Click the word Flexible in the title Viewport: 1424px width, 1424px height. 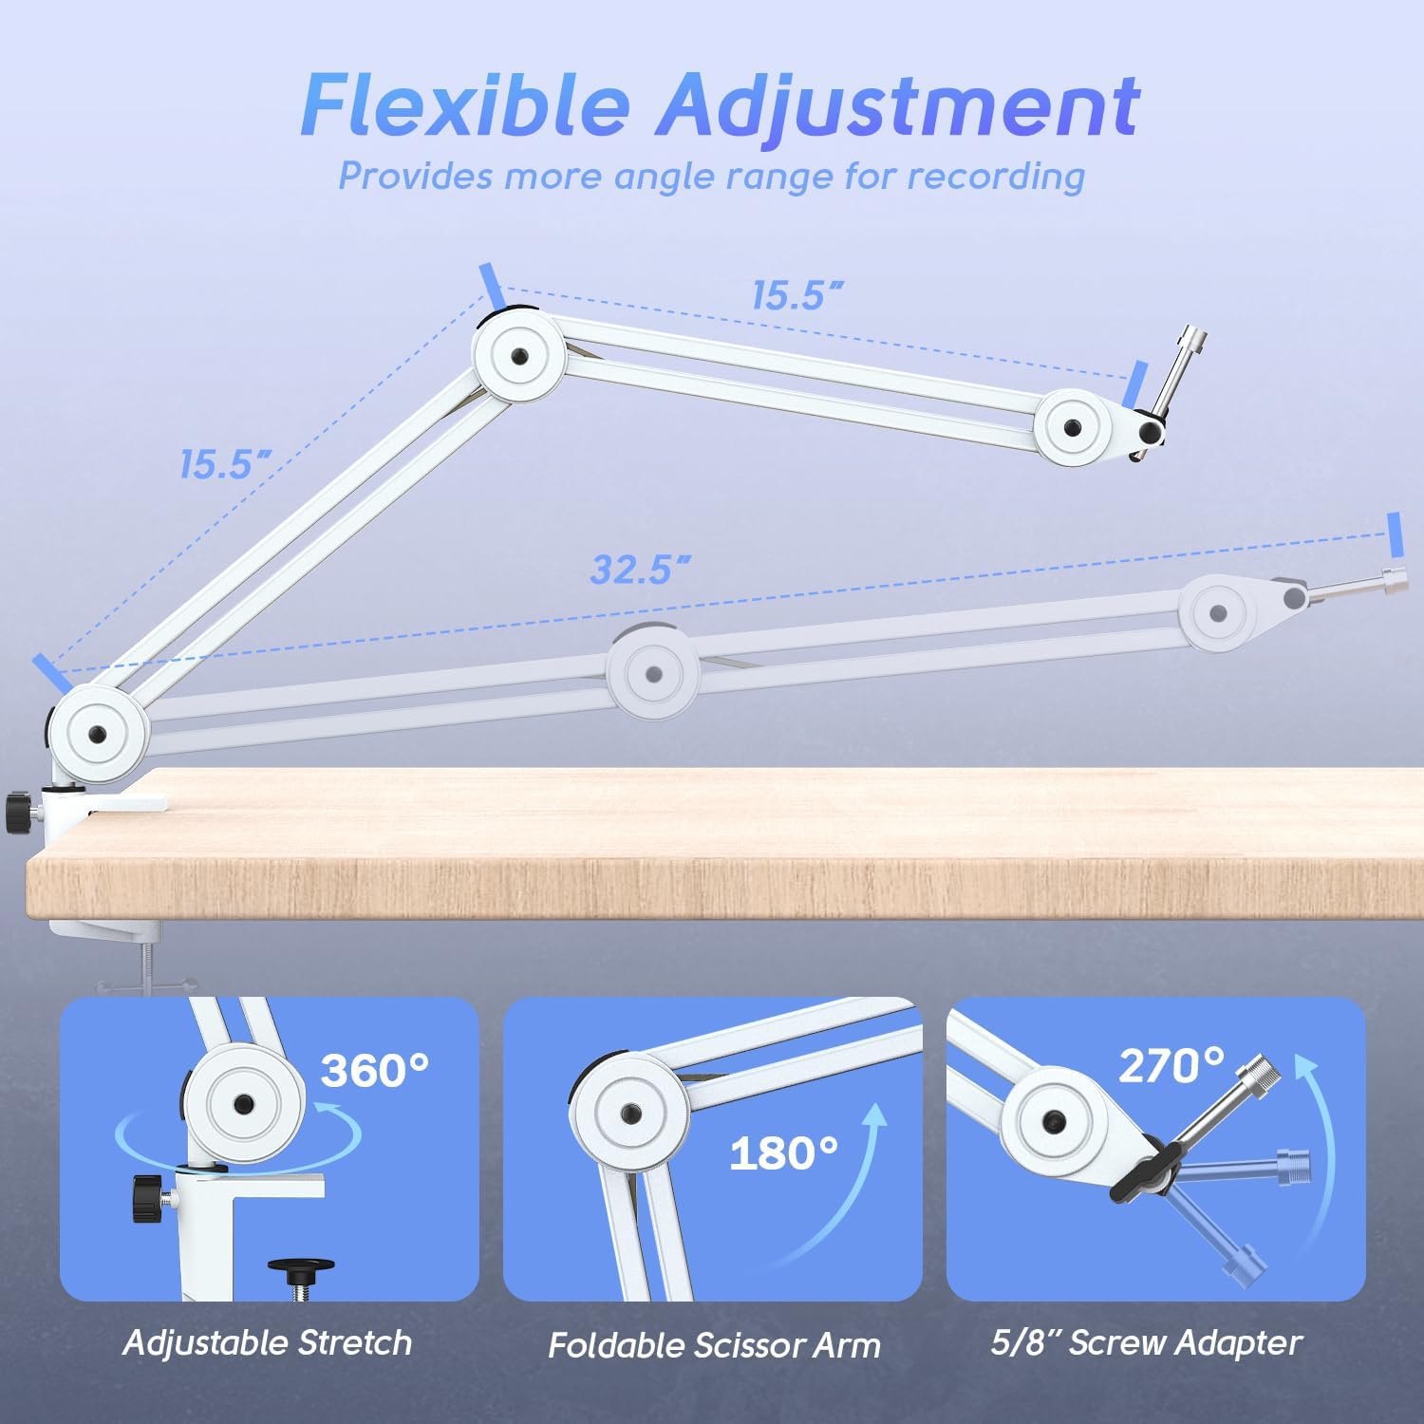coord(465,104)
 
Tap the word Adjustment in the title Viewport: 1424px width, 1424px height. coord(898,106)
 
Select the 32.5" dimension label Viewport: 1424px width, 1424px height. coord(639,570)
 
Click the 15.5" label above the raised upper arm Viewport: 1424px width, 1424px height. coord(796,295)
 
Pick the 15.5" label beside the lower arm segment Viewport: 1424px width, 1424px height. coord(225,464)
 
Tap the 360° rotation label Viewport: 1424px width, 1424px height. coord(374,1071)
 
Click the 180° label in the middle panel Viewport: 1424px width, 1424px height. coord(783,1153)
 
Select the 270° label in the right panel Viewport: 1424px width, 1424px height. coord(1171,1066)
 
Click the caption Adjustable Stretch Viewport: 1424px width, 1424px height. coord(267,1342)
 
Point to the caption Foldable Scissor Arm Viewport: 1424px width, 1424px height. coord(714,1345)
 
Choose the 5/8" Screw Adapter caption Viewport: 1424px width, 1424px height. coord(1146,1342)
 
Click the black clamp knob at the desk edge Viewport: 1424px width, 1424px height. coord(18,813)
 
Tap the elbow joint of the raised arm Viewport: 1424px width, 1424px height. coord(519,356)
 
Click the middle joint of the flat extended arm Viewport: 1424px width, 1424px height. coord(653,674)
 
